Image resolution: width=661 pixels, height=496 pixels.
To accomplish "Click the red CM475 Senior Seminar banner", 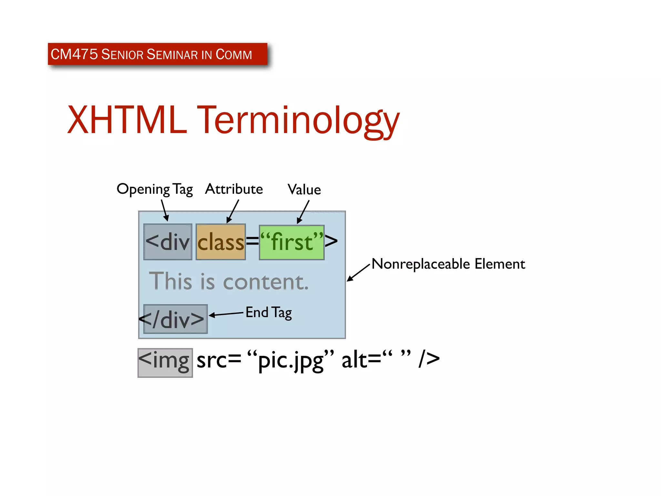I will point(157,54).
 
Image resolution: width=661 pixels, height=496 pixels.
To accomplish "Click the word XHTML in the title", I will point(127,120).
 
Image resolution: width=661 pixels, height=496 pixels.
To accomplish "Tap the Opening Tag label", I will point(155,189).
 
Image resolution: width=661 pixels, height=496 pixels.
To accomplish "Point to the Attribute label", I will point(234,189).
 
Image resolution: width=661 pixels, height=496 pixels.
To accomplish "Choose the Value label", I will point(304,190).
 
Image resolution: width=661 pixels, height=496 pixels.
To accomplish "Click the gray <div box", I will point(168,242).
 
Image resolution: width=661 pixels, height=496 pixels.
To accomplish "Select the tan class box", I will point(220,242).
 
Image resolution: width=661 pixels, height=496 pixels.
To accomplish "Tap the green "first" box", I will point(291,243).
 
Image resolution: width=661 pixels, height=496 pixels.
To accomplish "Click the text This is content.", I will point(229,281).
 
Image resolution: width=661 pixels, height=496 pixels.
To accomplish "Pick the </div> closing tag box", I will point(175,319).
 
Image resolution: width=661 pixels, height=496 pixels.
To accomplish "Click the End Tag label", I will point(269,313).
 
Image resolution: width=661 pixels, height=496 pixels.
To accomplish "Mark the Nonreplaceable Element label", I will point(448,264).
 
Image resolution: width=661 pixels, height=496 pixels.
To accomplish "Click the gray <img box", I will point(165,363).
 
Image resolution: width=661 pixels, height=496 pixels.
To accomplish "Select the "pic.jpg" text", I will point(290,360).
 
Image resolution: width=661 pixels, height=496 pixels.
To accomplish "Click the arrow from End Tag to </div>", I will point(226,314).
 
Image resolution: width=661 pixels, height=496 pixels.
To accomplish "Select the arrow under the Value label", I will point(303,212).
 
